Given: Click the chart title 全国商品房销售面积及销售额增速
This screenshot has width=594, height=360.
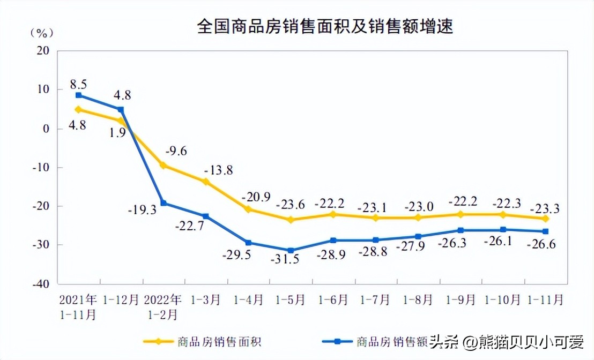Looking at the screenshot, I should pyautogui.click(x=325, y=26).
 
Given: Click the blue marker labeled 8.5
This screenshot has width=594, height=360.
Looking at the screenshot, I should pyautogui.click(x=78, y=95).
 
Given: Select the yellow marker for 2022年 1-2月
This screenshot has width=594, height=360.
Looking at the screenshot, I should pyautogui.click(x=163, y=166).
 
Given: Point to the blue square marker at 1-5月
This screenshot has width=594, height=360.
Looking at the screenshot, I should pyautogui.click(x=291, y=250).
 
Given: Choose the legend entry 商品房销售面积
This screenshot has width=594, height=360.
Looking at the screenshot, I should pyautogui.click(x=219, y=341).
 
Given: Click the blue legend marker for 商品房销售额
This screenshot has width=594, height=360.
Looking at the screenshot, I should pyautogui.click(x=337, y=341).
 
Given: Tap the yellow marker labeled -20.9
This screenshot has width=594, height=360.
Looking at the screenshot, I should pyautogui.click(x=248, y=209).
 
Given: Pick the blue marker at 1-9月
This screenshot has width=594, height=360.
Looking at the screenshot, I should pyautogui.click(x=461, y=230).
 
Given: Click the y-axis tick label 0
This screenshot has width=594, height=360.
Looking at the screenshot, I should pyautogui.click(x=46, y=129).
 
